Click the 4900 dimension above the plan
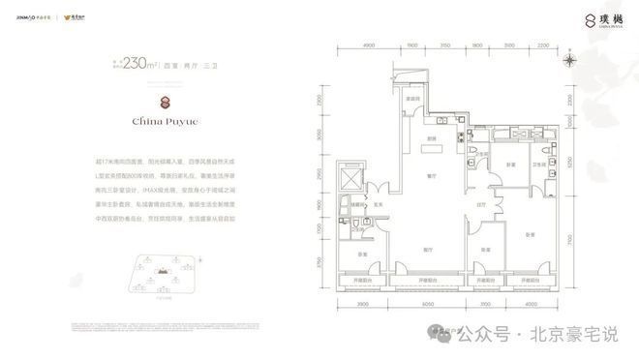click(368, 45)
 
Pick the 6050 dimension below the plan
click(427, 303)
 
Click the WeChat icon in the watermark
click(445, 334)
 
